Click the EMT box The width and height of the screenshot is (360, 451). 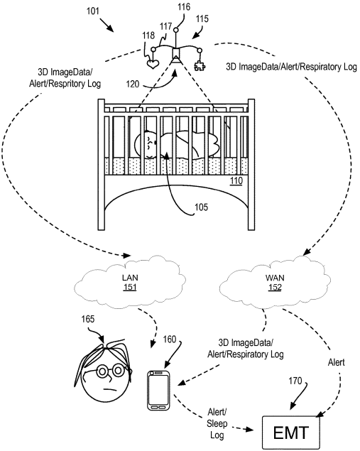(x=291, y=432)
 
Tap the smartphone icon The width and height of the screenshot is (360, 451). (x=158, y=391)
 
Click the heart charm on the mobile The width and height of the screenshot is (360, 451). (x=153, y=64)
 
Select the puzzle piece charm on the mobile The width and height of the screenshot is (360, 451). (x=200, y=66)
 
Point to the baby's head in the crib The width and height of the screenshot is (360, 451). (x=146, y=144)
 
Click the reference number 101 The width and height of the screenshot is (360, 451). (x=92, y=11)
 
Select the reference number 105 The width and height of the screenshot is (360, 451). (x=201, y=207)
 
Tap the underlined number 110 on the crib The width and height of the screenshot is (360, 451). (x=236, y=180)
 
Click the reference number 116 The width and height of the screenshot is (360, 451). (x=184, y=7)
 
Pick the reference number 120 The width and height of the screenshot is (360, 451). (x=133, y=85)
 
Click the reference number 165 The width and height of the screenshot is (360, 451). (x=88, y=319)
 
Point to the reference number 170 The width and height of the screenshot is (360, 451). (x=295, y=381)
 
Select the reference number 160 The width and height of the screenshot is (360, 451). (x=170, y=339)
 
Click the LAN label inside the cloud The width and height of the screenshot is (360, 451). (x=130, y=278)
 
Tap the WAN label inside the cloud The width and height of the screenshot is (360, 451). (x=275, y=278)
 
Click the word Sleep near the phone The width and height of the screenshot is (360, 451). (x=217, y=424)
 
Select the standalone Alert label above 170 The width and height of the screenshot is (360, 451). (x=336, y=362)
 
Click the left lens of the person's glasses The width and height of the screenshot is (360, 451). (x=102, y=371)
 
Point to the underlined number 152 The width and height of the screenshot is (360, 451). (x=275, y=288)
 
